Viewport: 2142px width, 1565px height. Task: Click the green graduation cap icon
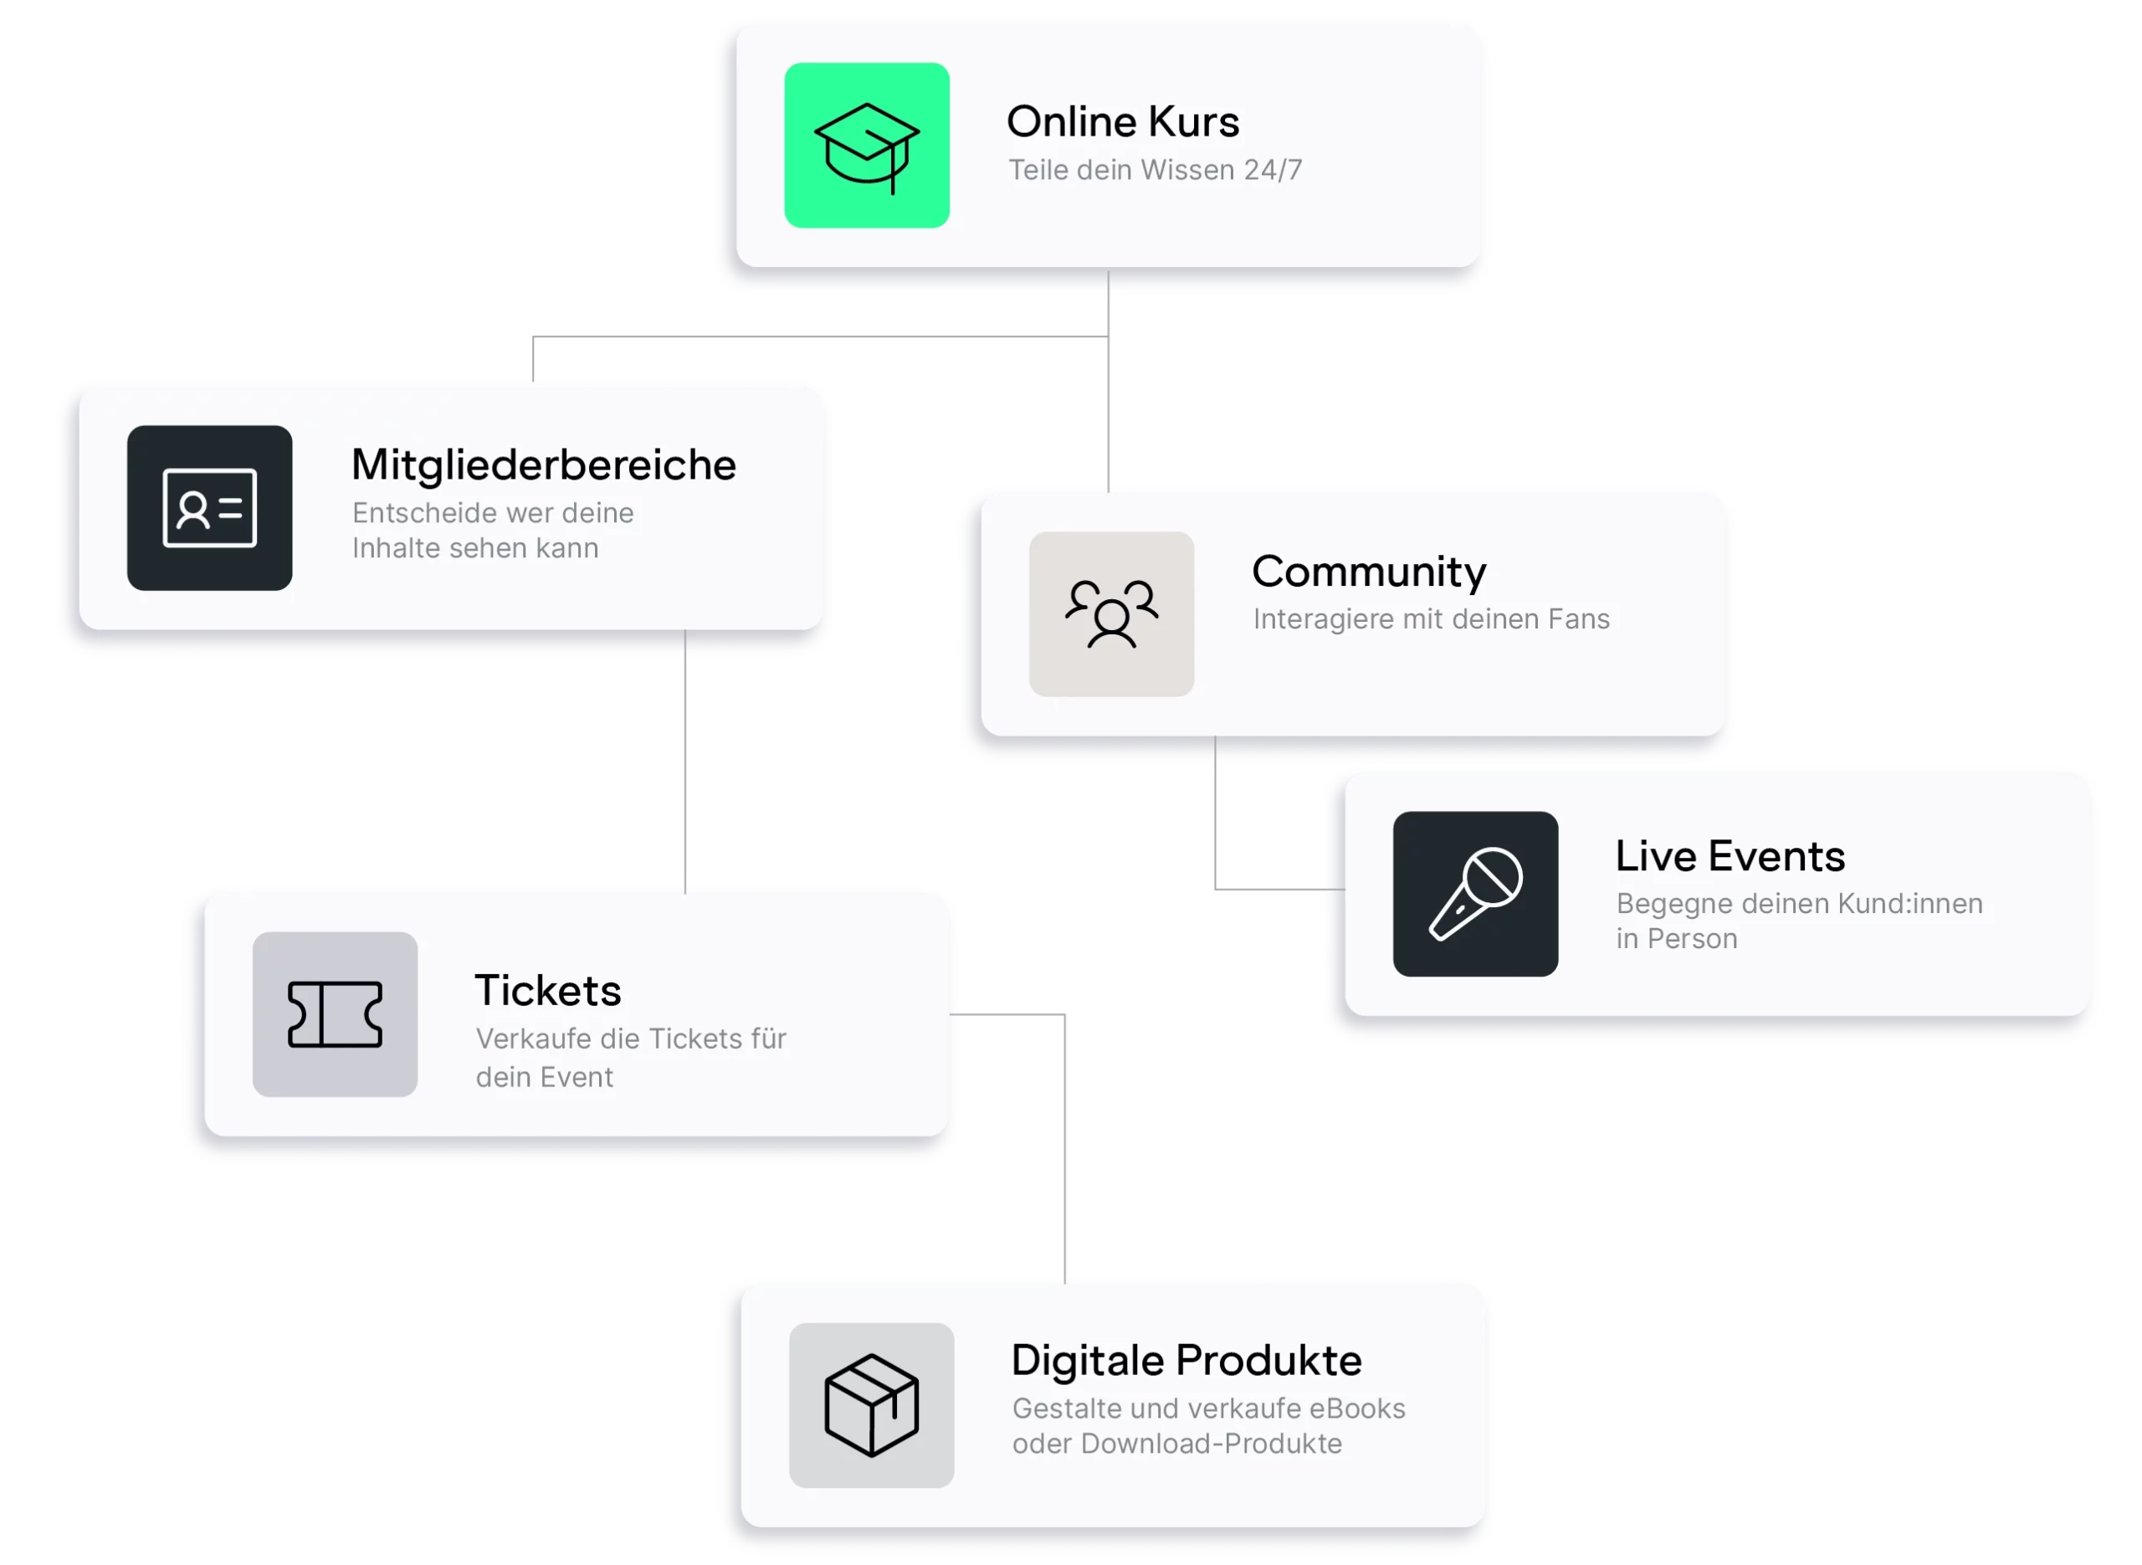[867, 145]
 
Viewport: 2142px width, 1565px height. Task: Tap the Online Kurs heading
[1122, 121]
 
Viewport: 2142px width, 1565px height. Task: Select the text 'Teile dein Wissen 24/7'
[1155, 170]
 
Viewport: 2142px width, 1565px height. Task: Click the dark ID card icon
[209, 508]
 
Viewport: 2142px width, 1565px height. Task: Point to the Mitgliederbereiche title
[544, 465]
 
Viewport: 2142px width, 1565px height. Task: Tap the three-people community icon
[1112, 614]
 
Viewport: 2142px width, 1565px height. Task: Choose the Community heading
[1369, 572]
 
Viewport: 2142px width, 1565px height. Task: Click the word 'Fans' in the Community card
[1579, 618]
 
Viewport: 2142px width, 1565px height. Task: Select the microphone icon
[1475, 893]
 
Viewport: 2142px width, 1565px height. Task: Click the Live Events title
[1730, 855]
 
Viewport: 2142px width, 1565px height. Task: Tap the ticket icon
[336, 1014]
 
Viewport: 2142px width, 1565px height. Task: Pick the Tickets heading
[547, 990]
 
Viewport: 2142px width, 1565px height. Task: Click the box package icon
[871, 1405]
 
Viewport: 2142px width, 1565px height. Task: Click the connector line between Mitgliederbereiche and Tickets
[685, 762]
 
